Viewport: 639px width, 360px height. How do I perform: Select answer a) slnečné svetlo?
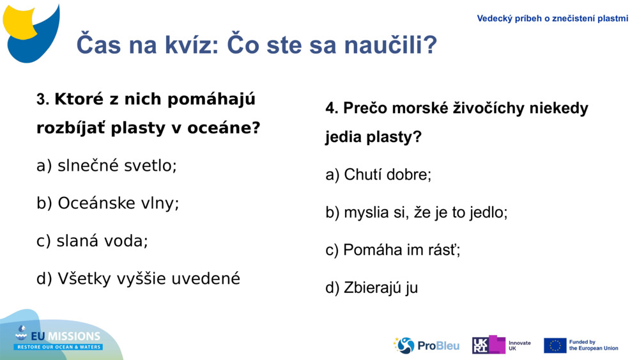tap(107, 166)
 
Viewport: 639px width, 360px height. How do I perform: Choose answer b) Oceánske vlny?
tap(108, 203)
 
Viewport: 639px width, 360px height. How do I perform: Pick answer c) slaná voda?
tap(93, 241)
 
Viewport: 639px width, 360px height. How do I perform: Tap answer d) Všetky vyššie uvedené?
tap(139, 279)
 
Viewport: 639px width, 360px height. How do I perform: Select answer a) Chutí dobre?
tap(378, 175)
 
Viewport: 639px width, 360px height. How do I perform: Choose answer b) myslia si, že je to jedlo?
tap(417, 213)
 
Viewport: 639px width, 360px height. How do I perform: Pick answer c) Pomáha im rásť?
tap(393, 250)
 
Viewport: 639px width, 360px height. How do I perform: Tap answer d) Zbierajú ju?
tap(371, 288)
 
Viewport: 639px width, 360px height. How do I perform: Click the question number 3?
tap(42, 100)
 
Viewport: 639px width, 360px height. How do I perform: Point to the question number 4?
tap(331, 109)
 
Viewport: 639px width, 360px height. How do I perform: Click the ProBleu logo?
tap(427, 345)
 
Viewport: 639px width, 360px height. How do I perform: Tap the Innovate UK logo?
tap(502, 345)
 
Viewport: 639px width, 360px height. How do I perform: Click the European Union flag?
tap(555, 345)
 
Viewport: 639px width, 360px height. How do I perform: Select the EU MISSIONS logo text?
tap(59, 337)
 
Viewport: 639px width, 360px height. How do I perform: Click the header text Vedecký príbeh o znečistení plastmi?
tap(552, 19)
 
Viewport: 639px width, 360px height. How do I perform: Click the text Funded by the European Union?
tap(594, 345)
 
